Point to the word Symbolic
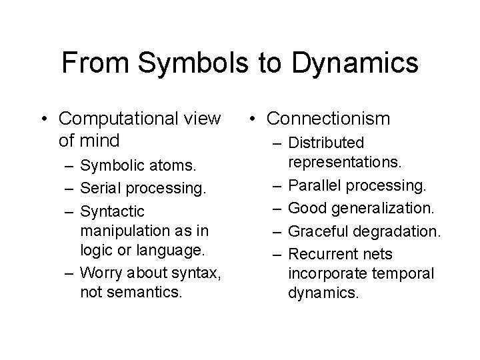110,165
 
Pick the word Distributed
326,143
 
